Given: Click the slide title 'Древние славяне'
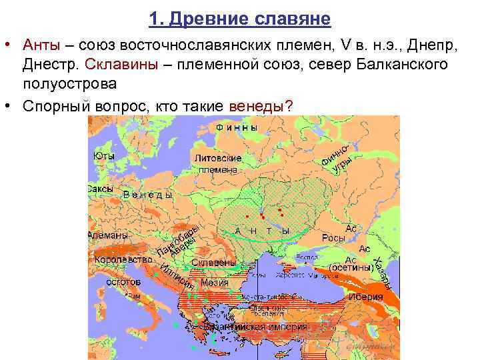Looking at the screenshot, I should point(240,19).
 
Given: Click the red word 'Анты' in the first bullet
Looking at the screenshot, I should point(41,45).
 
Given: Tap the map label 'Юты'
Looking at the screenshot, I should point(103,156).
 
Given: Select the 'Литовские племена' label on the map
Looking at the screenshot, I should point(217,164).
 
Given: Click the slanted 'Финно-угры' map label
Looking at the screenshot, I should point(336,157).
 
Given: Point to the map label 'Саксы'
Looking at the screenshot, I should point(101,189).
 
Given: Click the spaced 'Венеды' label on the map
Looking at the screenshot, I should point(148,195).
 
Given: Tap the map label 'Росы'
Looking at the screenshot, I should point(333,238).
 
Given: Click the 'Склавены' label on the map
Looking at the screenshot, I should point(213,263).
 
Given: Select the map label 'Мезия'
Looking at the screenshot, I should point(215,283).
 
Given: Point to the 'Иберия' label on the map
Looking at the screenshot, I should point(367,297).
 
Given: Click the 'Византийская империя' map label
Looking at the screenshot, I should point(256,327).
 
